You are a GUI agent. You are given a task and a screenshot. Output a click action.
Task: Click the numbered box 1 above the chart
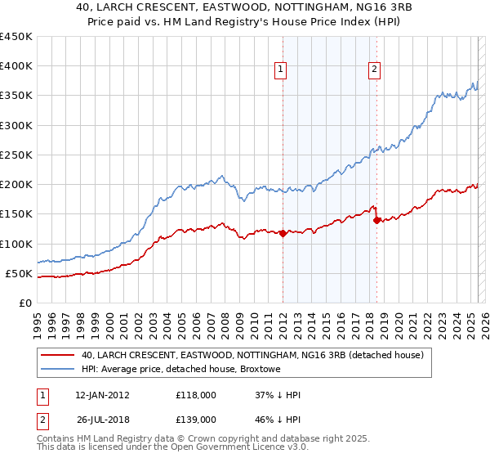(x=280, y=70)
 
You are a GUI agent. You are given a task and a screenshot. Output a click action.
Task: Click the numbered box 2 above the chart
(x=374, y=70)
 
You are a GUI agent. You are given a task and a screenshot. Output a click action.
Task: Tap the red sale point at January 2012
(x=283, y=233)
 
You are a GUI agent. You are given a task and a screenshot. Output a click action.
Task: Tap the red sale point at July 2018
(x=376, y=220)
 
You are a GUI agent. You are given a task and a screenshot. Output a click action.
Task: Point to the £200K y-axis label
(x=16, y=184)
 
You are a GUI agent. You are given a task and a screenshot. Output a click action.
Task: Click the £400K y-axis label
(x=16, y=66)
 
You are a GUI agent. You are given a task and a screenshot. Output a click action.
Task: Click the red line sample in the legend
(x=57, y=356)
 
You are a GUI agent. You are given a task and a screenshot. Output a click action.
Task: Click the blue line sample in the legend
(x=57, y=370)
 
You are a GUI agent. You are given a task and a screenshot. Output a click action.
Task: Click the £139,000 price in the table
(x=196, y=419)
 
